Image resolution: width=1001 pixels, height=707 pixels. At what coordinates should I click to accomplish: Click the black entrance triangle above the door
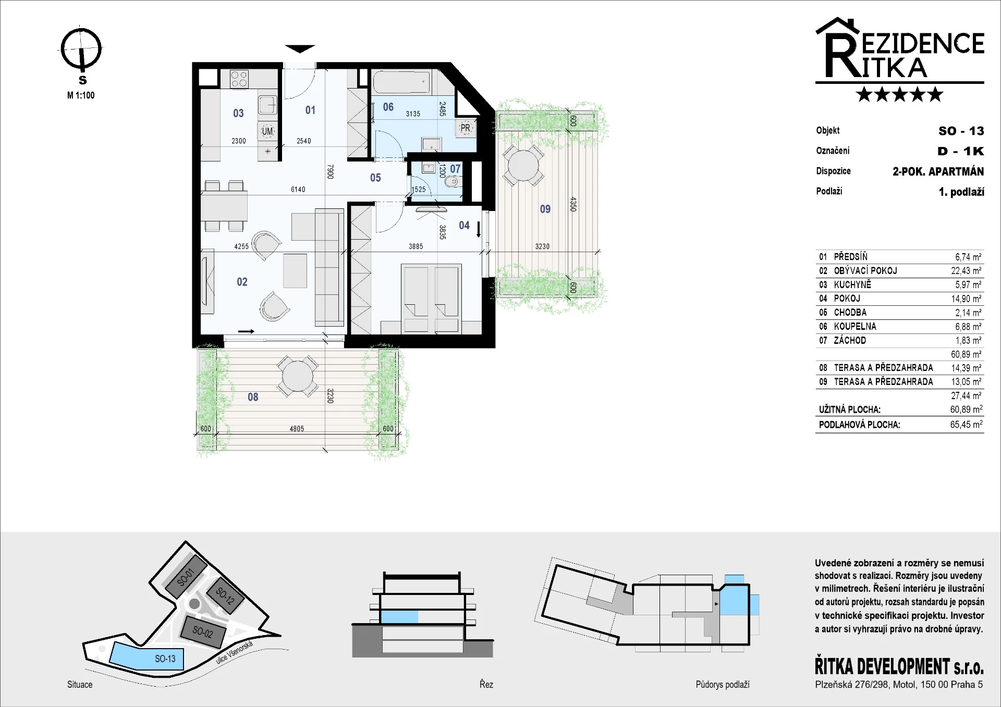(300, 49)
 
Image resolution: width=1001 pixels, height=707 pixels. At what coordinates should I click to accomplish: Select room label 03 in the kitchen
(238, 113)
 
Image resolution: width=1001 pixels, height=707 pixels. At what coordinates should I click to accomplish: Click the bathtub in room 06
(401, 82)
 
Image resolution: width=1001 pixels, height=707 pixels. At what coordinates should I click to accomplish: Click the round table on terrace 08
(297, 376)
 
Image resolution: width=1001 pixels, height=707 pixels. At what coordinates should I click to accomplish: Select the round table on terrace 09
(522, 165)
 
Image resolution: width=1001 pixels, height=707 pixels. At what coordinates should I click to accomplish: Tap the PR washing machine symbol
(465, 128)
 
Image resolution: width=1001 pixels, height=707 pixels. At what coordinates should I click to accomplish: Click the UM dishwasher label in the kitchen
(267, 131)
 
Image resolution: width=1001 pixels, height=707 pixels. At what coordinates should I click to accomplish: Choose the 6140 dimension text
(298, 189)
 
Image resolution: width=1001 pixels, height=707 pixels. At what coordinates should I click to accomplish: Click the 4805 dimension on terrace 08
(297, 429)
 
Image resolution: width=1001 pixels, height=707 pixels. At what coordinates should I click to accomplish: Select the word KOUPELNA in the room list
(855, 327)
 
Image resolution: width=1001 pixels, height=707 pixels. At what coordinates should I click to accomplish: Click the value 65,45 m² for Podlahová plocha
(966, 425)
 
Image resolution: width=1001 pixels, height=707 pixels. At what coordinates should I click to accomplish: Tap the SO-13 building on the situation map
(147, 656)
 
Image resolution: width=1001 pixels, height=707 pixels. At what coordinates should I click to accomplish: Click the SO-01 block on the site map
(186, 577)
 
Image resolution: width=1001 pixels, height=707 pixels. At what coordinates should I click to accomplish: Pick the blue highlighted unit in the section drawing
(399, 617)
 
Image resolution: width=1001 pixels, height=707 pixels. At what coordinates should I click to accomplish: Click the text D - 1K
(960, 151)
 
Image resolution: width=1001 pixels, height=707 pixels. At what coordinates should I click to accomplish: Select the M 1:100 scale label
(81, 95)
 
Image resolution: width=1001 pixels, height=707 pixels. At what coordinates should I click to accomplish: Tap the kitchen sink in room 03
(268, 105)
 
